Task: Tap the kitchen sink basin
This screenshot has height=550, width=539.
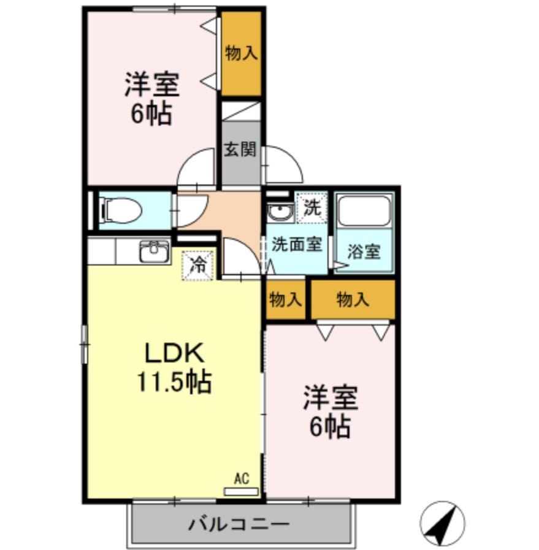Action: click(x=154, y=251)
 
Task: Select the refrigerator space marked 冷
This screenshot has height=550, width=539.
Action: click(x=198, y=265)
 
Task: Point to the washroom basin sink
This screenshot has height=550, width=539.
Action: click(x=280, y=213)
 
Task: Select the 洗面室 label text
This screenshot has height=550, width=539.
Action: click(x=297, y=243)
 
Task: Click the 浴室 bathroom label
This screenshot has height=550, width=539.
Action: click(x=364, y=251)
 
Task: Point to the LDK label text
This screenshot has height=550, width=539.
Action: click(x=174, y=353)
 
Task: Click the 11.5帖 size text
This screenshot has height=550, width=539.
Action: click(x=174, y=382)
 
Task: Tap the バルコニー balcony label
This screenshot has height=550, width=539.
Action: click(x=239, y=524)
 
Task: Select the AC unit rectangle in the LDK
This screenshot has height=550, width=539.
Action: click(x=242, y=491)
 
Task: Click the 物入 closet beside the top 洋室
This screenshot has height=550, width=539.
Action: click(x=240, y=54)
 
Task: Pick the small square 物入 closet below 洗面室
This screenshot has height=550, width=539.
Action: click(x=286, y=299)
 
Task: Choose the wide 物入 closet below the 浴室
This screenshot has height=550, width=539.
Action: click(x=353, y=299)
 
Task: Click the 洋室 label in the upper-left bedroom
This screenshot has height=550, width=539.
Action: click(x=152, y=85)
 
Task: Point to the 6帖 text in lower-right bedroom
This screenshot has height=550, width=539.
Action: click(x=329, y=426)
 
